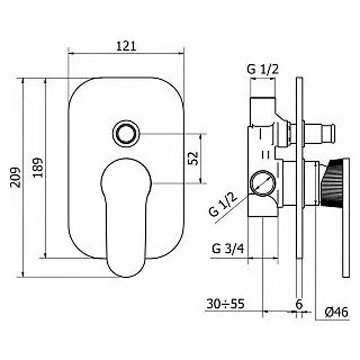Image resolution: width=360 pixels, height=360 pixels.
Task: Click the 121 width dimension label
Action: (x=126, y=46)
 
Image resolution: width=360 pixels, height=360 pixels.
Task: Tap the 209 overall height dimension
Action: (x=15, y=177)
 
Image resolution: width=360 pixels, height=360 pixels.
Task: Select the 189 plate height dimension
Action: (x=38, y=167)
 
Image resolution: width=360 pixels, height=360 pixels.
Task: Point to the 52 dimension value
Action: (x=193, y=158)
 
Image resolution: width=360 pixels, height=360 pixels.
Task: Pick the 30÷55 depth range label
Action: (x=226, y=304)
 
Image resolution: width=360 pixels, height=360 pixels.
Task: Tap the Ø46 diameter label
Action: (x=336, y=312)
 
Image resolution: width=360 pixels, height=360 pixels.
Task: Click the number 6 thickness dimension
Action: (x=299, y=304)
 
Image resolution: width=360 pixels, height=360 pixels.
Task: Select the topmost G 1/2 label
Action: (x=262, y=70)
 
